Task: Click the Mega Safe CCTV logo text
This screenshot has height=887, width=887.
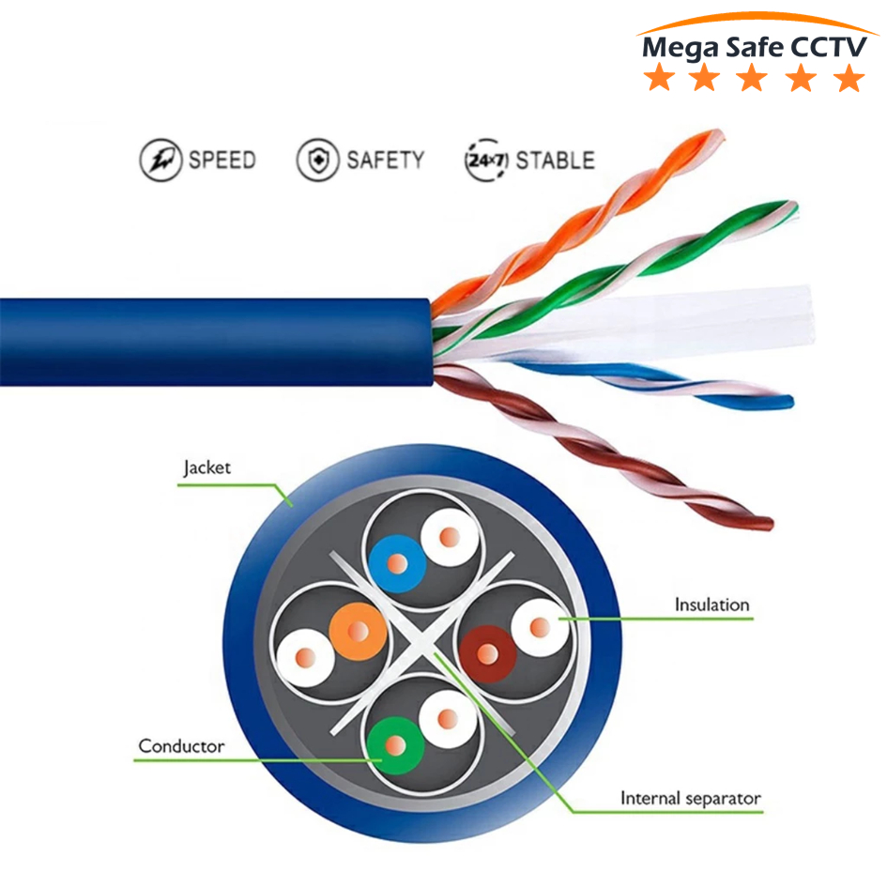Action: point(754,48)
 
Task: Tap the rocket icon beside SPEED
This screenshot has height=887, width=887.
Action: point(161,161)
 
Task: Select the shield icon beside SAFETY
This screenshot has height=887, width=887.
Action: point(318,161)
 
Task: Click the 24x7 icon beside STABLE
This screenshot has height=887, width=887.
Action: point(486,161)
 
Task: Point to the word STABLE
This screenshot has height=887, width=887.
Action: point(555,161)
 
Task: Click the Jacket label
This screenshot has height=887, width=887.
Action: point(206,468)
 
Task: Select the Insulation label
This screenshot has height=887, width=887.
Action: point(711,604)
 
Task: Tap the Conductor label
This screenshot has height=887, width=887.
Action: point(181,746)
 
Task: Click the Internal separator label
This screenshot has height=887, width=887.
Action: point(690,798)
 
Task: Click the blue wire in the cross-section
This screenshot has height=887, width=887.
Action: point(397,564)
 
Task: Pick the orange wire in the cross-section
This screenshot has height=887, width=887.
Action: point(358,632)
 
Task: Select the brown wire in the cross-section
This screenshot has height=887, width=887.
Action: point(488,654)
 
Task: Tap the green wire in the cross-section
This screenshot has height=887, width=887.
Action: point(395,745)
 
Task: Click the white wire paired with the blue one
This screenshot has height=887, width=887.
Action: point(450,537)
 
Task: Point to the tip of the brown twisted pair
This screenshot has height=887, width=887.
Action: point(768,524)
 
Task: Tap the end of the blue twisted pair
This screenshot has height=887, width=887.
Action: point(789,403)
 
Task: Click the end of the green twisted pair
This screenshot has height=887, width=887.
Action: point(792,207)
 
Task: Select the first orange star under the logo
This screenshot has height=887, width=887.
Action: point(659,78)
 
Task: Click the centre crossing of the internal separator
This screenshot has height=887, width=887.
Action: point(422,643)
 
